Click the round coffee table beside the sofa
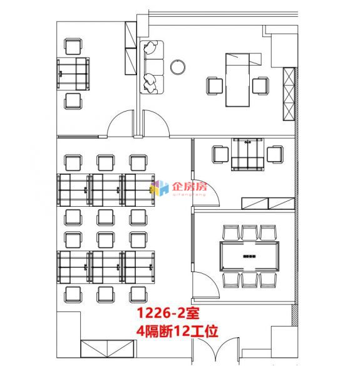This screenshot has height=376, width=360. tap(178, 67)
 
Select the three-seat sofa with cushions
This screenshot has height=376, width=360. tap(152, 67)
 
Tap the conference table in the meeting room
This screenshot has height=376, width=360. tap(249, 256)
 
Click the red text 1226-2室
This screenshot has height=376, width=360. tap(168, 313)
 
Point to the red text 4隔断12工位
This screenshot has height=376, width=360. tap(177, 331)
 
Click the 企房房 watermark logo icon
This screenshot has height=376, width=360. tap(159, 188)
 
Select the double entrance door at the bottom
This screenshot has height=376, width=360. tap(215, 350)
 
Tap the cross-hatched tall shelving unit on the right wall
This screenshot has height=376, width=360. tap(289, 94)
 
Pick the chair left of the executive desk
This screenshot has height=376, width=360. tap(215, 86)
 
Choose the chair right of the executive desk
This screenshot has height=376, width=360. tap(260, 86)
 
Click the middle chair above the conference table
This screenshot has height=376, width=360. tap(249, 232)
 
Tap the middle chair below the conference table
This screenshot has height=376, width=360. tap(249, 280)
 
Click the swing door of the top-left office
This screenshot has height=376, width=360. tap(120, 123)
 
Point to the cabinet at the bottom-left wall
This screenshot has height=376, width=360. tap(107, 348)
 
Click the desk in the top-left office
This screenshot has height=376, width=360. tap(73, 74)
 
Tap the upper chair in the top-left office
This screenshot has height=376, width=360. tap(73, 46)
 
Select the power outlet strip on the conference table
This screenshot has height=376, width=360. tap(249, 256)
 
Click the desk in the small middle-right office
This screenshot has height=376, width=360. tap(247, 154)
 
